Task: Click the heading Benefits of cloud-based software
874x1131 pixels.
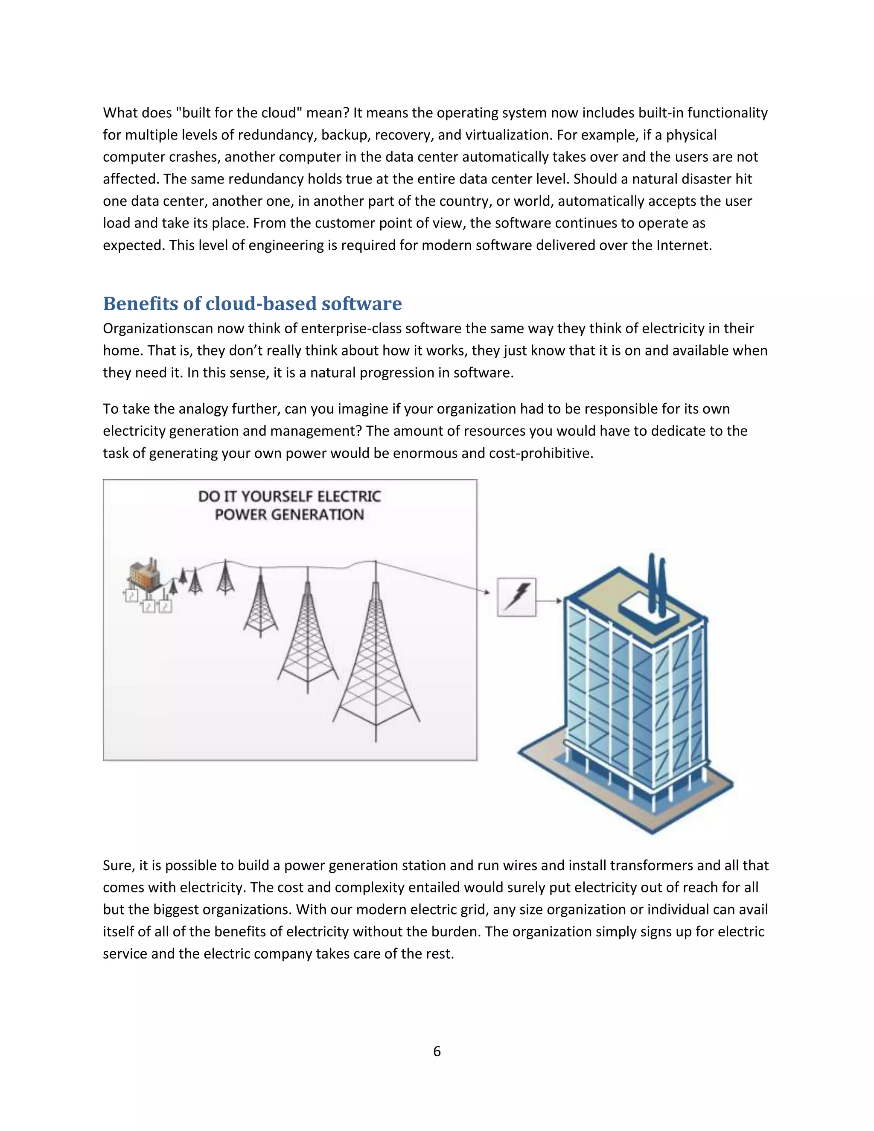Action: coord(252,304)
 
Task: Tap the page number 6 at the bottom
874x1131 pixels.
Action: coord(437,1051)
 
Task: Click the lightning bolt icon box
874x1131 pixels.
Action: coord(516,597)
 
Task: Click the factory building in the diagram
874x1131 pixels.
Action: coord(143,575)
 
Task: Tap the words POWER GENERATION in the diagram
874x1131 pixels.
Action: coord(289,515)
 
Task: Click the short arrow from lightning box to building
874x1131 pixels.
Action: coord(549,601)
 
